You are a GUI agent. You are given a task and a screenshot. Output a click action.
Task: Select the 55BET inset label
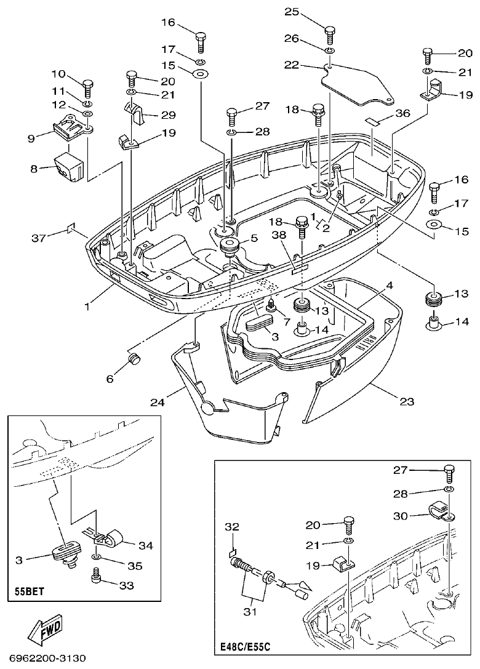[x=30, y=595]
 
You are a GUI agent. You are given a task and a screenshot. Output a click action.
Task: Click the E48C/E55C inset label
[x=246, y=647]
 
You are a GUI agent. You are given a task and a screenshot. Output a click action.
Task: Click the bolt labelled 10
[x=87, y=83]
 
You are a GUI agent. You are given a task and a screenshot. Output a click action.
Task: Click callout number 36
[x=402, y=113]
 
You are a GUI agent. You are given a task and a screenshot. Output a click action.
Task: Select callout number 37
[x=38, y=238]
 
